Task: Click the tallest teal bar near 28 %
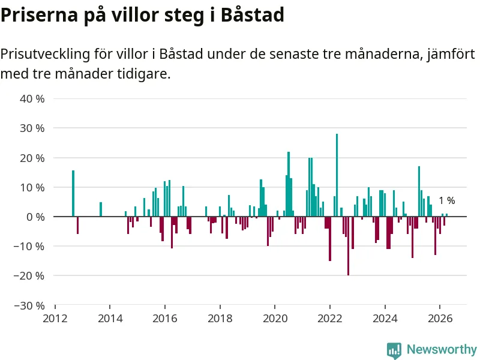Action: [337, 175]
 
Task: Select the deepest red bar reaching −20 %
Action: [349, 246]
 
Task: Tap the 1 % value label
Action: [447, 200]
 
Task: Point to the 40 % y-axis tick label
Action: [32, 99]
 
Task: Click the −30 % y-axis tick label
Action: [29, 305]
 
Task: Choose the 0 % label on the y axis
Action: [35, 217]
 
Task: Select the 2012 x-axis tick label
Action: [55, 319]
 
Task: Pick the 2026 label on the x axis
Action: [440, 319]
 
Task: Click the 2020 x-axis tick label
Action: [275, 319]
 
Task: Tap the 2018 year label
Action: [220, 319]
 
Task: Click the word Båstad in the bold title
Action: [253, 14]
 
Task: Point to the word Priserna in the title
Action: [39, 14]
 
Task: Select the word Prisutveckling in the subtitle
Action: [46, 54]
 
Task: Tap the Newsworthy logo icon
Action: [394, 350]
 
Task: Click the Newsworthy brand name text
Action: [442, 349]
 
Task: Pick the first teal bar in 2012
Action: [73, 193]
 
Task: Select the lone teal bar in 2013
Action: [101, 209]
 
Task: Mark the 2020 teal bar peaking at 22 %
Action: [289, 184]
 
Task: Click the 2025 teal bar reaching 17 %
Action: [419, 191]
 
